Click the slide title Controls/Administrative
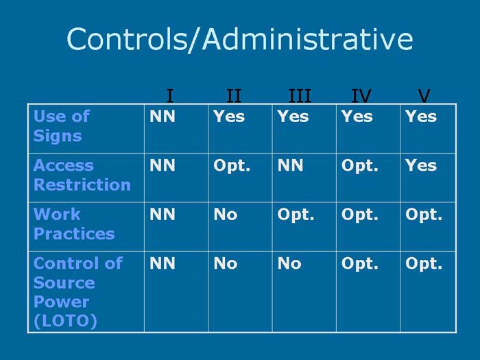(x=240, y=39)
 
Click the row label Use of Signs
(x=62, y=126)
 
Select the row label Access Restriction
(x=82, y=175)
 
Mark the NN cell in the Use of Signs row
(x=163, y=117)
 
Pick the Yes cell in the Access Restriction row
(x=420, y=165)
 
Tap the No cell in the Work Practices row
(x=226, y=214)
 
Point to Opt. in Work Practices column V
(x=423, y=215)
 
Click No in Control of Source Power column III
(x=289, y=263)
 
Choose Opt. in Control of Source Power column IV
(x=359, y=263)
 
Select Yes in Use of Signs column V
(x=420, y=117)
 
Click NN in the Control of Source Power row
(x=163, y=263)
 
